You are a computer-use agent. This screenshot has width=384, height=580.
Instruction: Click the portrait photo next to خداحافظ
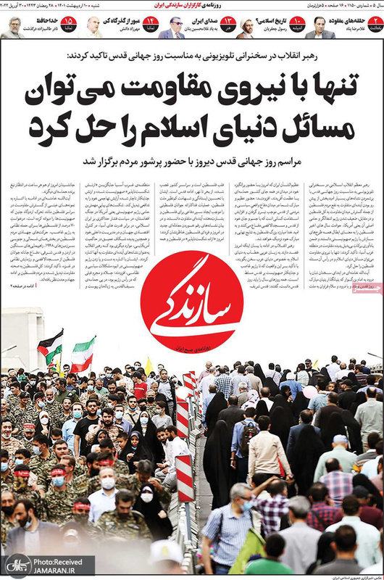point(12,27)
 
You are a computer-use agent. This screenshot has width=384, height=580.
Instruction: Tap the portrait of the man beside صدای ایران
point(171,28)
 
